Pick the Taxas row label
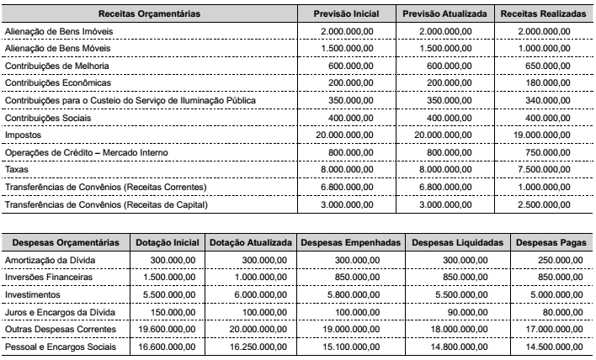[x=18, y=172]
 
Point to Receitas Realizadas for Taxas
[x=543, y=172]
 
